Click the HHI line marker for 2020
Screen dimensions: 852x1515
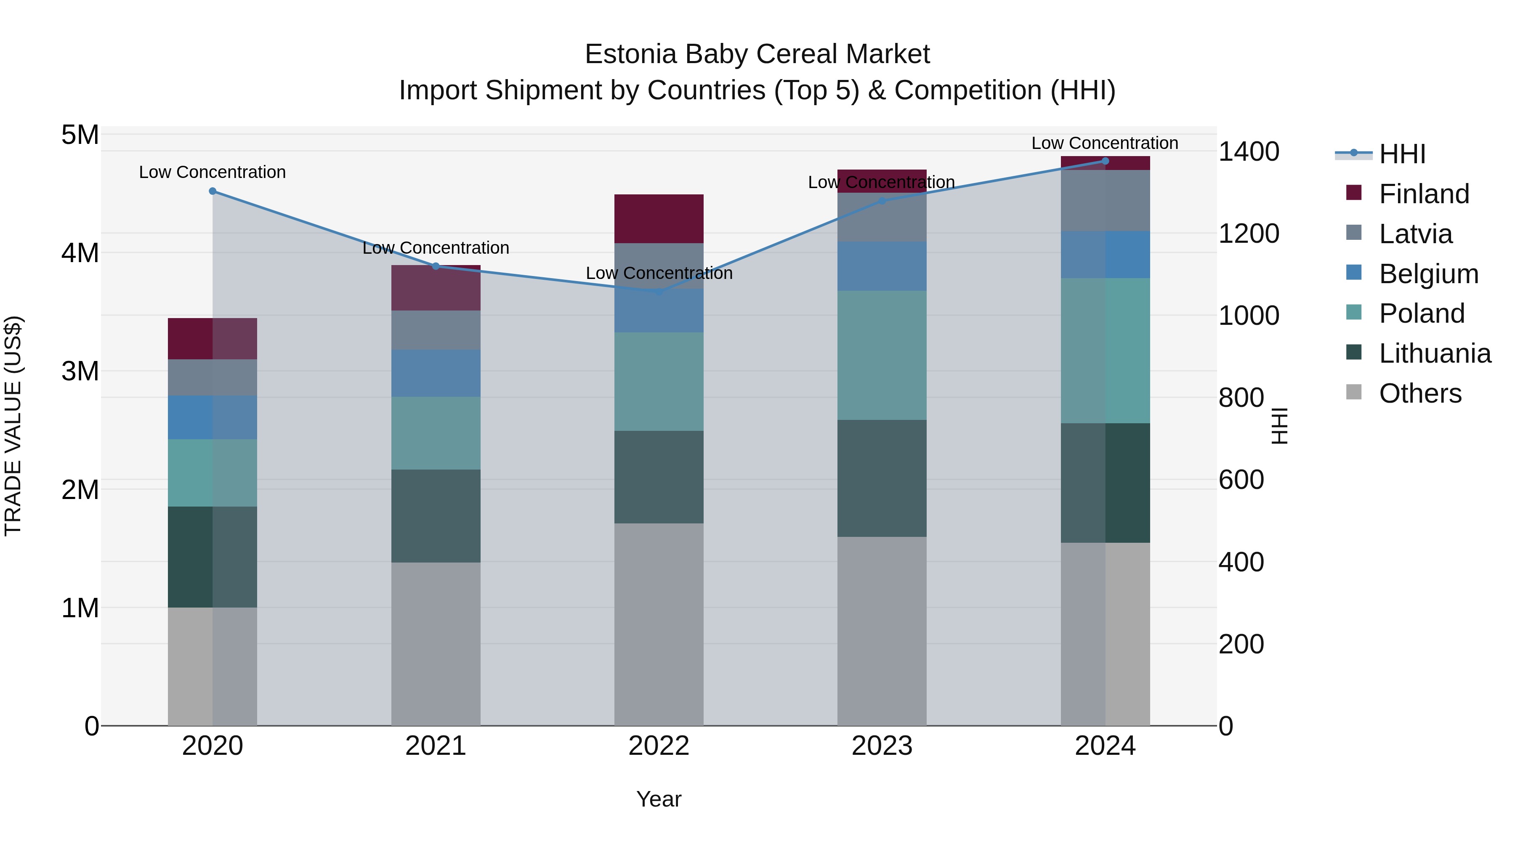[x=213, y=191]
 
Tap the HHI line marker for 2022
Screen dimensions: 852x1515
[x=659, y=292]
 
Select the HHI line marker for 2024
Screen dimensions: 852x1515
[x=1105, y=161]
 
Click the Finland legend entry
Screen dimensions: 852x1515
[x=1423, y=194]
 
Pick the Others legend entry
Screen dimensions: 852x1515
[x=1420, y=393]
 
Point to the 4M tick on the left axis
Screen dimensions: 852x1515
[x=80, y=253]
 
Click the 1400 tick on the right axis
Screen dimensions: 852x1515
[x=1248, y=152]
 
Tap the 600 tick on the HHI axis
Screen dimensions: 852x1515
[x=1241, y=480]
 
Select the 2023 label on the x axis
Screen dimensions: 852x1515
[x=882, y=746]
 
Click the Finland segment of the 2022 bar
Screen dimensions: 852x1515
[x=659, y=219]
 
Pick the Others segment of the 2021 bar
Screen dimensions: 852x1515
[x=436, y=644]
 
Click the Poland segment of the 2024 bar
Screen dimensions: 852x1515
[x=1105, y=350]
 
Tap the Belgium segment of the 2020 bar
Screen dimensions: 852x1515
[x=213, y=417]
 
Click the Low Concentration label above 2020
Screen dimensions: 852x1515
[x=213, y=172]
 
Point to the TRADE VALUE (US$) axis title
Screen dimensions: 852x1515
[x=13, y=426]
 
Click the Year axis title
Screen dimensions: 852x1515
[x=659, y=799]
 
